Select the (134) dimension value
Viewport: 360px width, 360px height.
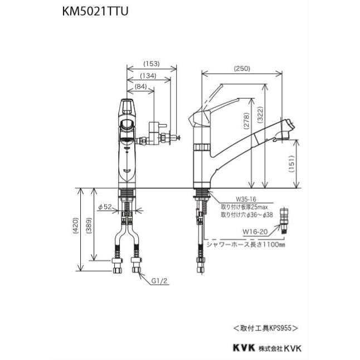(x=148, y=75)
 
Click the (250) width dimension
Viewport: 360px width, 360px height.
(x=242, y=69)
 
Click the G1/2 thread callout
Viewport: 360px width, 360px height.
(x=160, y=281)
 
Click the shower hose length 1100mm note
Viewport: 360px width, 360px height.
(x=245, y=244)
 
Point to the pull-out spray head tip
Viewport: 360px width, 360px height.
(x=290, y=126)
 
